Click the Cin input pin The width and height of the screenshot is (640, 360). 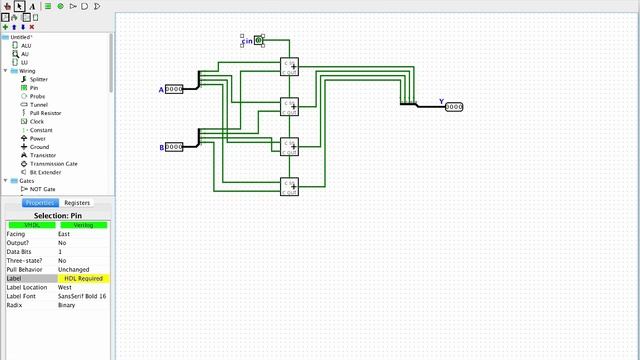click(258, 40)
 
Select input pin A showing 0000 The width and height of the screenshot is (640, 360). click(174, 90)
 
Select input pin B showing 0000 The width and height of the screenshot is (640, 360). click(174, 147)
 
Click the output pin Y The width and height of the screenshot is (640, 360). click(454, 106)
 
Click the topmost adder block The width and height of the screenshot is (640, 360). click(289, 67)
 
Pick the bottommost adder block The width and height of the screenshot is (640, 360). click(289, 185)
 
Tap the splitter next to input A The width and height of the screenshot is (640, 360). click(200, 80)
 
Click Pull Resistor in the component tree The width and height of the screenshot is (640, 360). click(45, 113)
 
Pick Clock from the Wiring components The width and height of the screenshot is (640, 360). click(36, 121)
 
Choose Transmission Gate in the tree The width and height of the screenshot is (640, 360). click(53, 163)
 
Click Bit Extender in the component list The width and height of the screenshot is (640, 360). click(44, 172)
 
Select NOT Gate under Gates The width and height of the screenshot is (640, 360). click(42, 188)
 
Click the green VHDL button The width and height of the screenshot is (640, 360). click(30, 225)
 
